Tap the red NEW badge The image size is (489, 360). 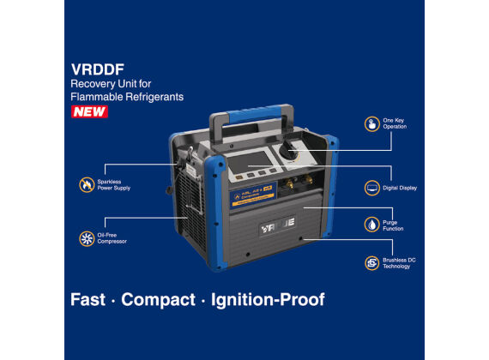click(x=90, y=111)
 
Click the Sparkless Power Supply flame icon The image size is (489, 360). click(x=87, y=184)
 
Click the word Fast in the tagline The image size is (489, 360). click(x=88, y=300)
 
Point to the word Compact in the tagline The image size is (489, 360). click(x=159, y=300)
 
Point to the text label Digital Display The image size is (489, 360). click(x=402, y=188)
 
